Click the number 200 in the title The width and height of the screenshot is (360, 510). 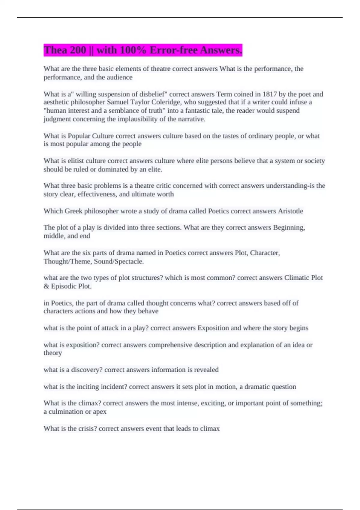78,50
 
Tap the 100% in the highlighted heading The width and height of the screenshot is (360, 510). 131,50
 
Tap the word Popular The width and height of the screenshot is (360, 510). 79,136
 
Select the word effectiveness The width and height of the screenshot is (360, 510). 97,194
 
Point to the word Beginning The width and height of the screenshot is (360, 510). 289,227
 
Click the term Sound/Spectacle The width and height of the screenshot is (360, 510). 118,261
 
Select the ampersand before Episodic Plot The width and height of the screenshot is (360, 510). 46,286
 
